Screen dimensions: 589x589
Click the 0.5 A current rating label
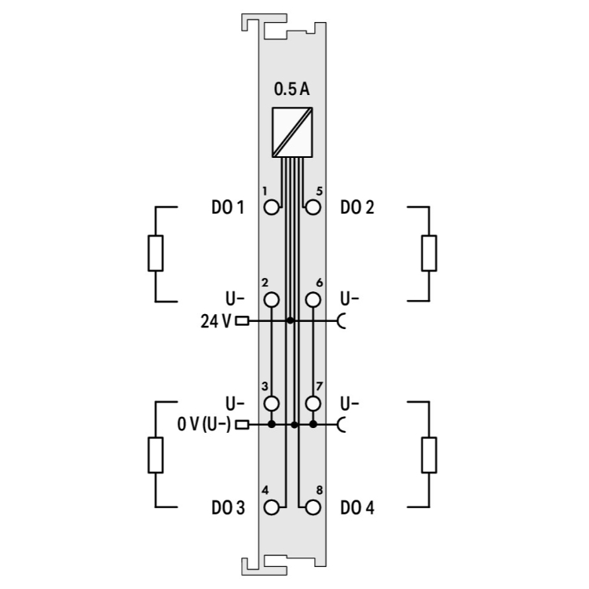[292, 90]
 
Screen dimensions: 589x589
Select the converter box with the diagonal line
[292, 132]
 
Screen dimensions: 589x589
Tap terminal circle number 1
[272, 207]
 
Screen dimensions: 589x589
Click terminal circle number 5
[313, 207]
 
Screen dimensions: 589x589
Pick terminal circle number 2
[272, 300]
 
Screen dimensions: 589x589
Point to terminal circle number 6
[313, 300]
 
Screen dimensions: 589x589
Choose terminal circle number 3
[272, 404]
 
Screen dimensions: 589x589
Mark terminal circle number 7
[313, 404]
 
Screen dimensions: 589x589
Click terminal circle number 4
[272, 507]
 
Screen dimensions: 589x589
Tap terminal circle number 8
[313, 507]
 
